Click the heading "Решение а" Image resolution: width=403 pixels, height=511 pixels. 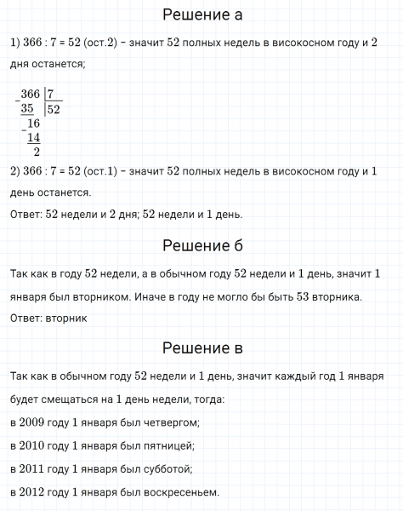coord(201,15)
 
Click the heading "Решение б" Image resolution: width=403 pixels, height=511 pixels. coord(201,246)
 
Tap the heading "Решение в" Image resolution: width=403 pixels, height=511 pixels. coord(201,348)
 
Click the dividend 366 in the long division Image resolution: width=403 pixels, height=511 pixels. coord(31,94)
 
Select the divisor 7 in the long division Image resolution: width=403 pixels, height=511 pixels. coord(51,94)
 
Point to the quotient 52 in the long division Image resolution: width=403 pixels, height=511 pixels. coord(53,109)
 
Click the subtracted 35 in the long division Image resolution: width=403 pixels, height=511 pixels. coord(29,108)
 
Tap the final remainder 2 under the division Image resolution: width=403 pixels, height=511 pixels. coord(36,152)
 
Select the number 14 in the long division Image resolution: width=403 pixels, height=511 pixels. coord(34,138)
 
